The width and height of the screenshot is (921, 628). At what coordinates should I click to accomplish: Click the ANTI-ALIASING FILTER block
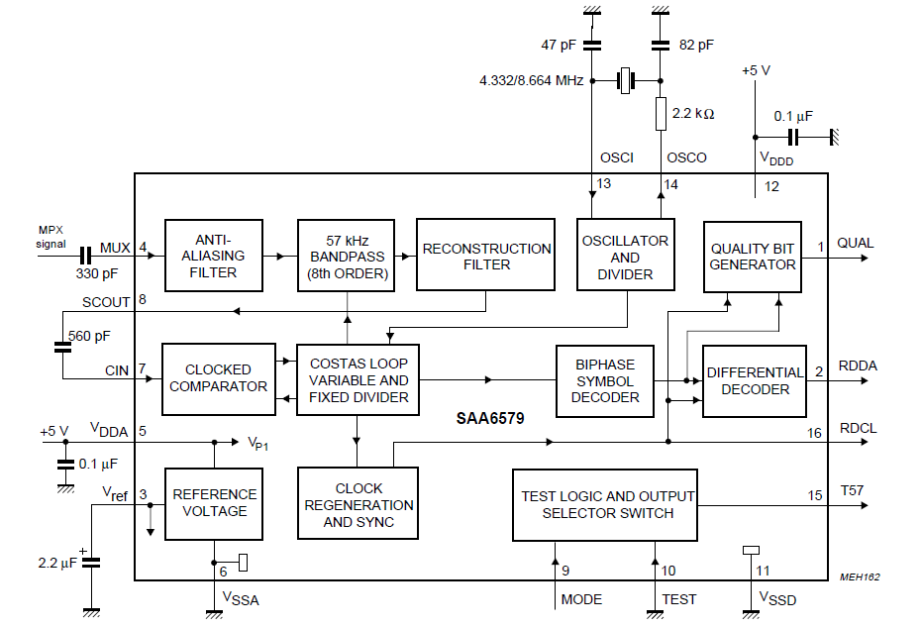coord(213,256)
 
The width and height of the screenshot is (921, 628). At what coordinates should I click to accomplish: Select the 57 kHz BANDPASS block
coord(348,256)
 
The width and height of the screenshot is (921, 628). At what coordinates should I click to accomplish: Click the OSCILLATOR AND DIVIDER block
coord(625,256)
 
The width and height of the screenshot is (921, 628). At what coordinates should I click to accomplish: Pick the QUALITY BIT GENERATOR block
coord(753,256)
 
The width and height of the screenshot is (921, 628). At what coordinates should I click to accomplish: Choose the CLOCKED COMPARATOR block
coord(218,378)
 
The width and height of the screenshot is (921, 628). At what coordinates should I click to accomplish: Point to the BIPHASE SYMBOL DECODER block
coord(605,381)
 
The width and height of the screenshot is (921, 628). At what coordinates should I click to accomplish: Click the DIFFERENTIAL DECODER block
coord(755,380)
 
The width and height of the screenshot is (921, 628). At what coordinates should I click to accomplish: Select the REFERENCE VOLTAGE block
coord(215,502)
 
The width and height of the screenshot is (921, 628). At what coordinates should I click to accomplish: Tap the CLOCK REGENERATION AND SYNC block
coord(358,504)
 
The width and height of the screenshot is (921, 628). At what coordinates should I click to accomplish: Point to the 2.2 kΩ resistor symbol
coord(661,114)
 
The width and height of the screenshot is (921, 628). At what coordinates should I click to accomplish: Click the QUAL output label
coord(856,244)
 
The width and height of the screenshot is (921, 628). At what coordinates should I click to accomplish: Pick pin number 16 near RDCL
coord(815,433)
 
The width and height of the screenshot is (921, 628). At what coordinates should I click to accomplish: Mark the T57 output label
coord(852,492)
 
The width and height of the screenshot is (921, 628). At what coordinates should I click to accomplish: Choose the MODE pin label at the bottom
coord(581,599)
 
